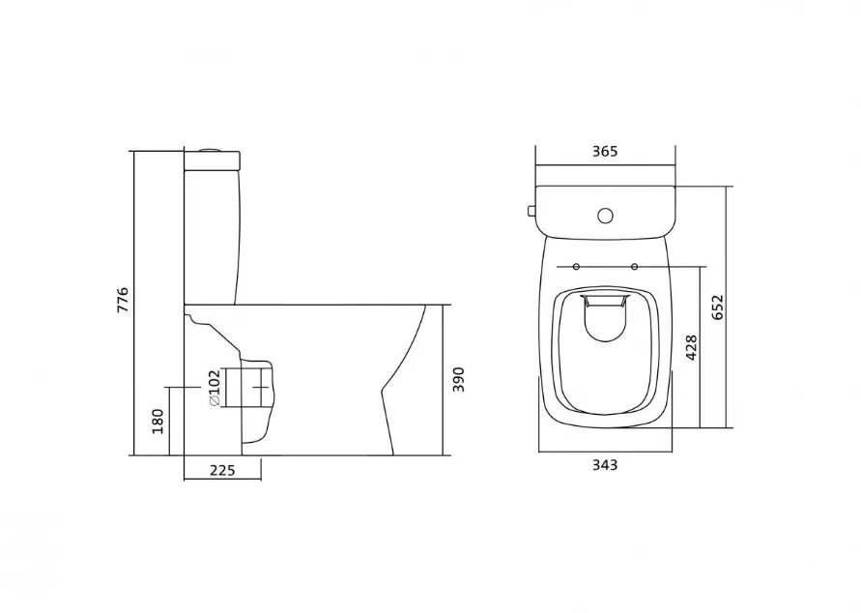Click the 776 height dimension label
[x=123, y=300]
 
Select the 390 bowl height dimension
[x=458, y=380]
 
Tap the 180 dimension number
[x=158, y=422]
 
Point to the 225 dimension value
[x=222, y=470]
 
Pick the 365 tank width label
[x=605, y=151]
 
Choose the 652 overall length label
[x=718, y=307]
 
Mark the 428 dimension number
[x=691, y=347]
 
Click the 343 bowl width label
[x=605, y=465]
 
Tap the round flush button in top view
[x=605, y=216]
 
